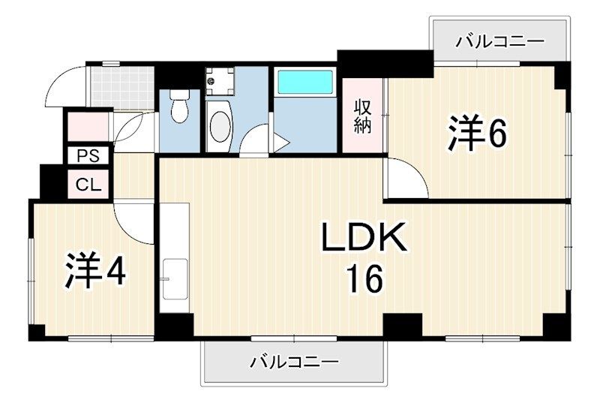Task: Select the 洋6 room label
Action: (x=478, y=134)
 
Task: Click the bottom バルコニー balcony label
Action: (x=293, y=362)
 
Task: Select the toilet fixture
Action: (x=179, y=108)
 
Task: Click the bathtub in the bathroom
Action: (x=306, y=82)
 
